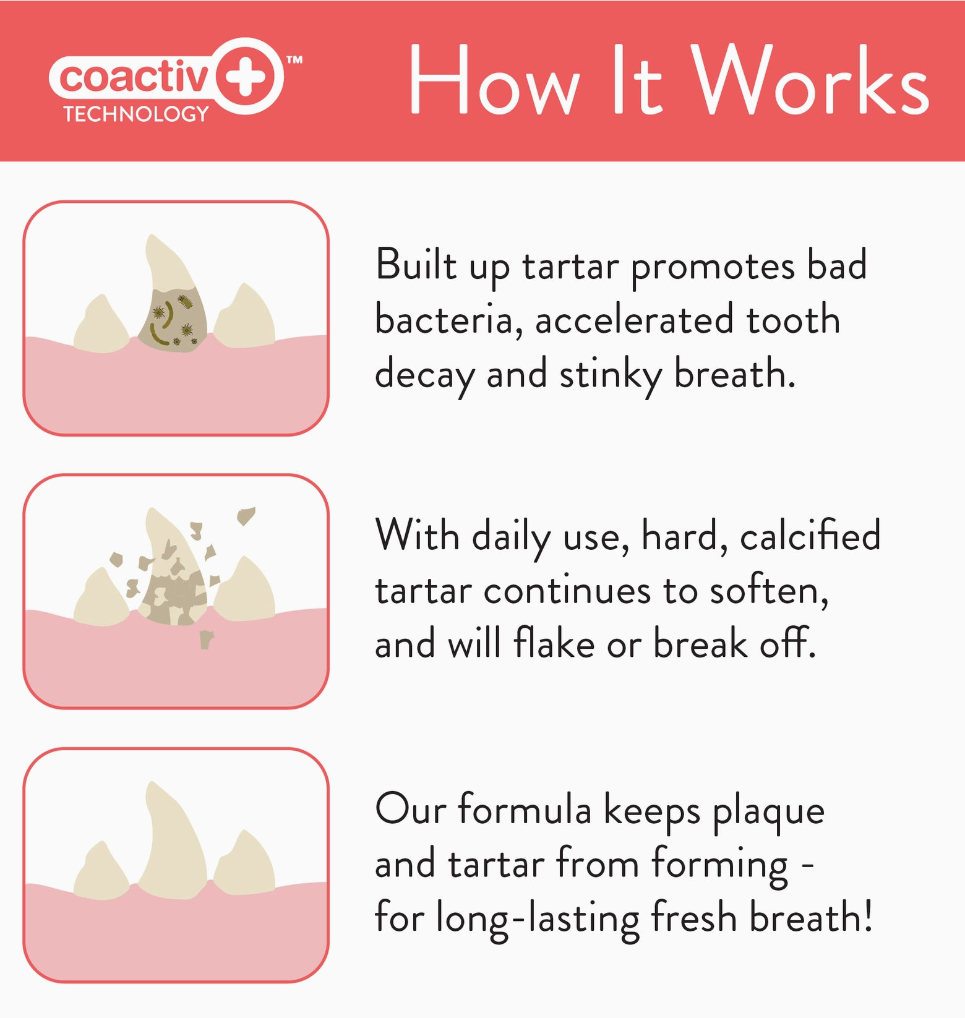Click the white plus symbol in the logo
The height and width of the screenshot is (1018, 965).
click(246, 76)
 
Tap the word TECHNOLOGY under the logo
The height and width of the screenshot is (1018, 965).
click(136, 114)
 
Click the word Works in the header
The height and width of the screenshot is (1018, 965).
click(810, 80)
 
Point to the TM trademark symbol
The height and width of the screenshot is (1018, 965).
click(294, 60)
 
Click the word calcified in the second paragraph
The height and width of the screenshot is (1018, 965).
click(810, 536)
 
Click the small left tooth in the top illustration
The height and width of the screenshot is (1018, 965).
click(101, 325)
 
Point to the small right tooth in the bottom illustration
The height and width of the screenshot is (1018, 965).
click(245, 863)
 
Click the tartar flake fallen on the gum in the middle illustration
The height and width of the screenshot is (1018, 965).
click(206, 639)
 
